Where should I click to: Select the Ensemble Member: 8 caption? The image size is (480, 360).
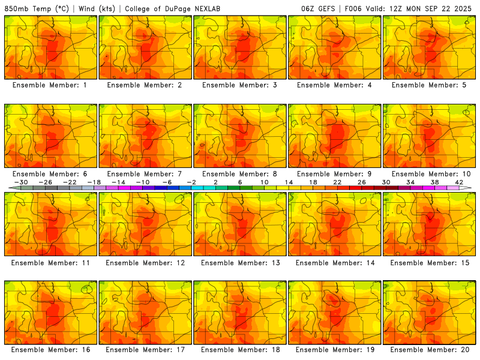(240, 174)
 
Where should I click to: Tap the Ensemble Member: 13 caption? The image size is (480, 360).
(240, 262)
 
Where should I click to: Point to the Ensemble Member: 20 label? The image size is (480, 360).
(430, 350)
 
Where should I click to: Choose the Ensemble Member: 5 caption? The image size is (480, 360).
(430, 85)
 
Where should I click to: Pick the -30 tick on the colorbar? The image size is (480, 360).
(22, 182)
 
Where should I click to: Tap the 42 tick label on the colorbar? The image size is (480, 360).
(459, 182)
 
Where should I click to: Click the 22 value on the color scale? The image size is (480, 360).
(337, 182)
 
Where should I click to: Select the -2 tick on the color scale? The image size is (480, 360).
(192, 182)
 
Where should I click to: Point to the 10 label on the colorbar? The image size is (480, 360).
(265, 182)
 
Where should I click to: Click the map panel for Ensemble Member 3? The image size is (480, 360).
(240, 47)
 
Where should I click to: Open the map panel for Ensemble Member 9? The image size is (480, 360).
(335, 135)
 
